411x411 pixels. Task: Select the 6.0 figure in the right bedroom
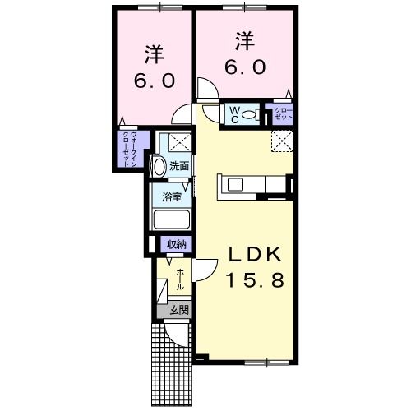(242, 67)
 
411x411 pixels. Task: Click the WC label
(233, 113)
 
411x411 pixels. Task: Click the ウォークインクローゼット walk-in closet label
(130, 149)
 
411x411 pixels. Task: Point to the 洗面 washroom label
(179, 165)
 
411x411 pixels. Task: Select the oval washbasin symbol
(159, 167)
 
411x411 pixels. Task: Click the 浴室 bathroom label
(172, 198)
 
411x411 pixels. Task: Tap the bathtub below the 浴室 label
(172, 220)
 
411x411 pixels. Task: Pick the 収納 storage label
(176, 244)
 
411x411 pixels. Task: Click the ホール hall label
(180, 279)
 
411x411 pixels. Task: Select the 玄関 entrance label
(178, 311)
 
